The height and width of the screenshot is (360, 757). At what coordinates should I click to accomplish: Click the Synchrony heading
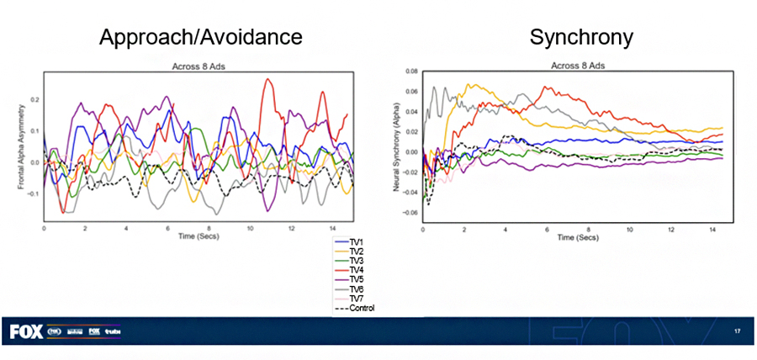coord(580,38)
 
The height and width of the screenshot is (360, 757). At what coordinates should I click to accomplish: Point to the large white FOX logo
coord(26,332)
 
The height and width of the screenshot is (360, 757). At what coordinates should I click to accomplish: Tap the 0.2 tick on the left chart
coord(34,99)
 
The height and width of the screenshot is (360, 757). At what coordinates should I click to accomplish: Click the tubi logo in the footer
coord(114,332)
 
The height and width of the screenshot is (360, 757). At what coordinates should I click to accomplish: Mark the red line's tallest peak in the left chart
coord(267,80)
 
